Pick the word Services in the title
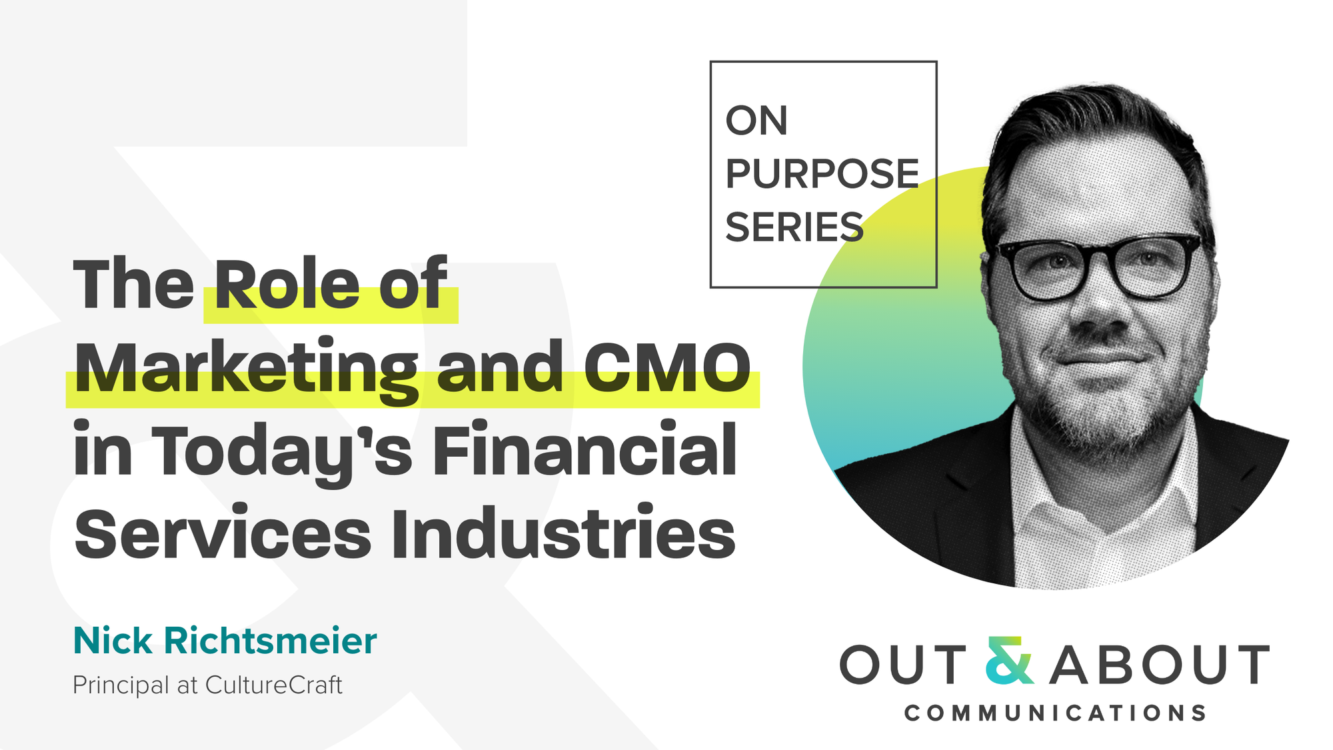tap(223, 533)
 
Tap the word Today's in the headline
tap(283, 453)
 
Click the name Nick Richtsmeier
tap(225, 641)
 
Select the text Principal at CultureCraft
tap(207, 685)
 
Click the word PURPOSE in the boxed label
tap(822, 174)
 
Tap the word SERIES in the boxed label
tap(794, 227)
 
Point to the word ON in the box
tap(756, 121)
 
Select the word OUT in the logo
tap(903, 664)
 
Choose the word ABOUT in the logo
tap(1160, 664)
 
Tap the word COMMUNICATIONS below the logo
tap(1055, 713)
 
